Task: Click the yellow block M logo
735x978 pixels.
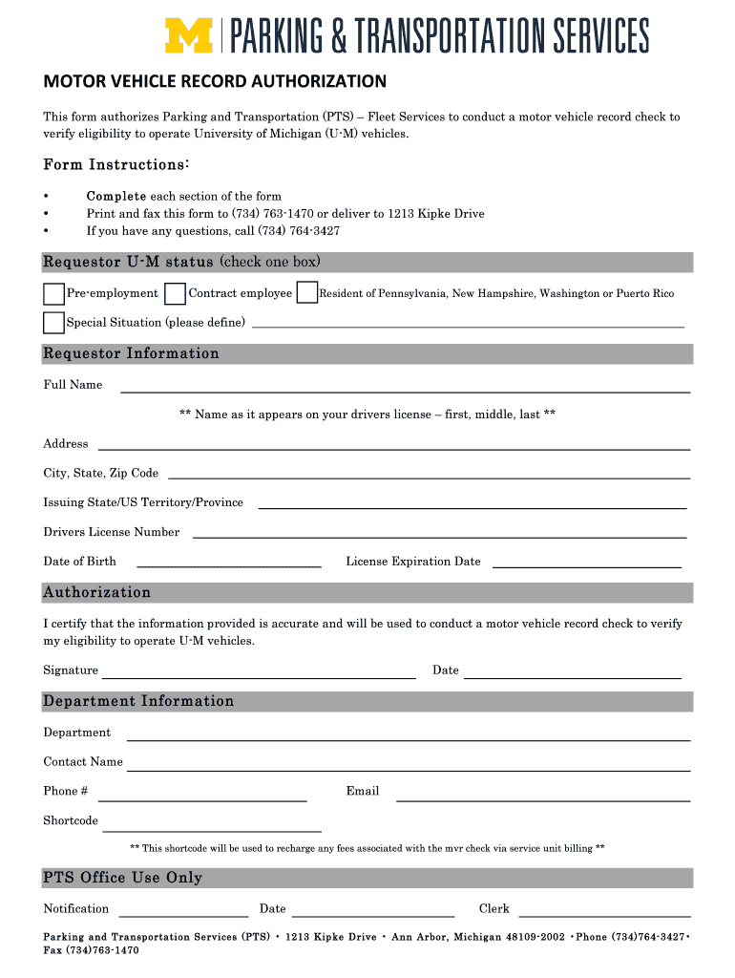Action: (189, 35)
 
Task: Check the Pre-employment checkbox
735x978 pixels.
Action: (53, 293)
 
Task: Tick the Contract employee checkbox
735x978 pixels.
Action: (175, 293)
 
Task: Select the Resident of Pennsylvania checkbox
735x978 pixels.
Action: (306, 293)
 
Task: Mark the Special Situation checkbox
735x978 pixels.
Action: (53, 323)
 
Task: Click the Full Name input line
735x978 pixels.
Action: (404, 390)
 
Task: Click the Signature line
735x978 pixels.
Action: (259, 675)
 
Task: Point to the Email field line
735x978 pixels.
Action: (542, 798)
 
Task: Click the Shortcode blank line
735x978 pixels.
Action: (211, 830)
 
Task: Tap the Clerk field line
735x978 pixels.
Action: (603, 914)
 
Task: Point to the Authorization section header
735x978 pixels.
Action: (97, 593)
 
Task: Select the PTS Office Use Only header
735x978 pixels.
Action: (123, 878)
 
